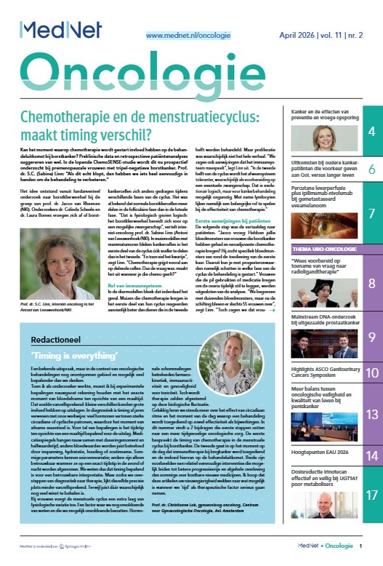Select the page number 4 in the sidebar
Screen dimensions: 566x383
point(371,132)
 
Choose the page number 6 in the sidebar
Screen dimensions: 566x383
point(371,170)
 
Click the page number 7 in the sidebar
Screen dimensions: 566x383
point(371,214)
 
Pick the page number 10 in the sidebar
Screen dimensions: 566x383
point(371,373)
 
